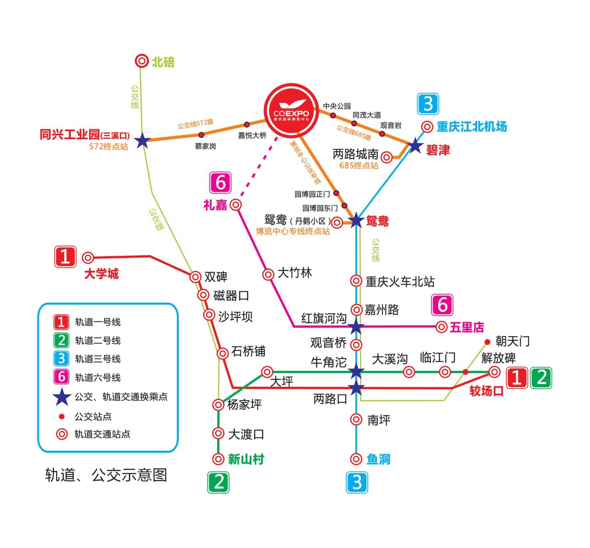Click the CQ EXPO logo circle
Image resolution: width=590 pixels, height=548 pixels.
[291, 110]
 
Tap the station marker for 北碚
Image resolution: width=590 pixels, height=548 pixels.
[142, 61]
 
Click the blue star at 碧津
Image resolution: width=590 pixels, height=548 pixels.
[415, 146]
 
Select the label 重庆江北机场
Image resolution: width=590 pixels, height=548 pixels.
[472, 126]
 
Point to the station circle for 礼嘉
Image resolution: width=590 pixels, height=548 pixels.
[236, 205]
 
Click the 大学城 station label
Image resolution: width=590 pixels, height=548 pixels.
[101, 274]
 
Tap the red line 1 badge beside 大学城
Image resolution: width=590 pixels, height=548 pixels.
[65, 257]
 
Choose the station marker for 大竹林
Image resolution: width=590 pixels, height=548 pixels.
[268, 274]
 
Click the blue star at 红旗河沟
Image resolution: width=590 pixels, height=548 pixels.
[356, 327]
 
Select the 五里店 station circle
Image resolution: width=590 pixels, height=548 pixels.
[441, 327]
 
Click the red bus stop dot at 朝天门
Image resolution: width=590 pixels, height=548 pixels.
[487, 342]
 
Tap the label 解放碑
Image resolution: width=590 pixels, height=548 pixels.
[498, 358]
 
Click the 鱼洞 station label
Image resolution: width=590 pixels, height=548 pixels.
[378, 459]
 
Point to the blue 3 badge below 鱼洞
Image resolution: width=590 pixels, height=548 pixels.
[357, 482]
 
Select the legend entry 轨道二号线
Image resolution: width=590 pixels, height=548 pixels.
[97, 340]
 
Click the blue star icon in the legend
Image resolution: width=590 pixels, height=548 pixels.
[61, 397]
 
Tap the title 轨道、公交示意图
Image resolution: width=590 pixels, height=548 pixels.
[106, 475]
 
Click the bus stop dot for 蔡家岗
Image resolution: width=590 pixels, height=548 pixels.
[201, 135]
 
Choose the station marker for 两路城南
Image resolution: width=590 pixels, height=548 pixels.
[386, 158]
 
